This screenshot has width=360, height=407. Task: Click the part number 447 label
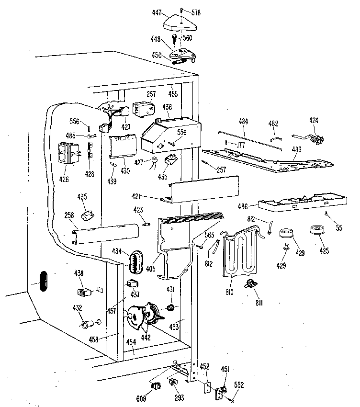click(157, 12)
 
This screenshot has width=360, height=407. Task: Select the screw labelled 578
click(181, 10)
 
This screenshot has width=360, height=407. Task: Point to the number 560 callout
click(187, 38)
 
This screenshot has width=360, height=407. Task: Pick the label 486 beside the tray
click(243, 206)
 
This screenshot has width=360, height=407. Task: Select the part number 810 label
click(229, 293)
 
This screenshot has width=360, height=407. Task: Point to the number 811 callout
click(259, 303)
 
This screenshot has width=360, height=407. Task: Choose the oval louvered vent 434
click(135, 262)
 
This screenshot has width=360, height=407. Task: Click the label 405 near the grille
click(151, 268)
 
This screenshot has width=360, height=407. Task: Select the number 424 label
click(314, 121)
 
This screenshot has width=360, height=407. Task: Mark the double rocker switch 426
click(65, 153)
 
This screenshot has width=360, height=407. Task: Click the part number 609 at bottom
click(141, 398)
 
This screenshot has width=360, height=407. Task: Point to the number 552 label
click(239, 384)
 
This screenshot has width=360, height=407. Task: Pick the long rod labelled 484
click(250, 140)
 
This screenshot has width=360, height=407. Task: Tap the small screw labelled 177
click(226, 142)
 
